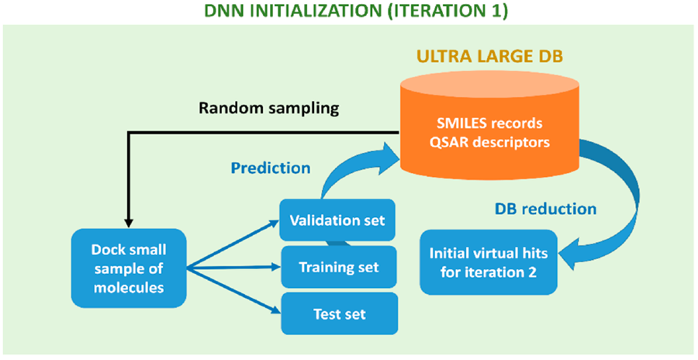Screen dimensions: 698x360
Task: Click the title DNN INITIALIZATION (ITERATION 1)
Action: tap(348, 12)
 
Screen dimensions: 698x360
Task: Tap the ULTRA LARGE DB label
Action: tap(489, 58)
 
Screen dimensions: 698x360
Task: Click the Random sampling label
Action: tap(269, 109)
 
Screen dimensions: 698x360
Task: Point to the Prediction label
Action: tap(270, 168)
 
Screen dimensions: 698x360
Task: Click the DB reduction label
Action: tap(546, 209)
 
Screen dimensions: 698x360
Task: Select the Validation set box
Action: tap(337, 220)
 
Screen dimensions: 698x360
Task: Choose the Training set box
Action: tap(339, 267)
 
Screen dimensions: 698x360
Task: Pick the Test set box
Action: tap(339, 313)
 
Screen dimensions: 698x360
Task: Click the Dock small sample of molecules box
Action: tap(129, 268)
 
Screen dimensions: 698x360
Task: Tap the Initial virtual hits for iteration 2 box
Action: tap(489, 262)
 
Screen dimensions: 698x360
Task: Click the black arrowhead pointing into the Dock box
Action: tap(129, 223)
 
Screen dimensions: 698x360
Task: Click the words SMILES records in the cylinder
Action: tap(489, 122)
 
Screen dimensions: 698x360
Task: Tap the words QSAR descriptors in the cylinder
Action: tap(489, 142)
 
